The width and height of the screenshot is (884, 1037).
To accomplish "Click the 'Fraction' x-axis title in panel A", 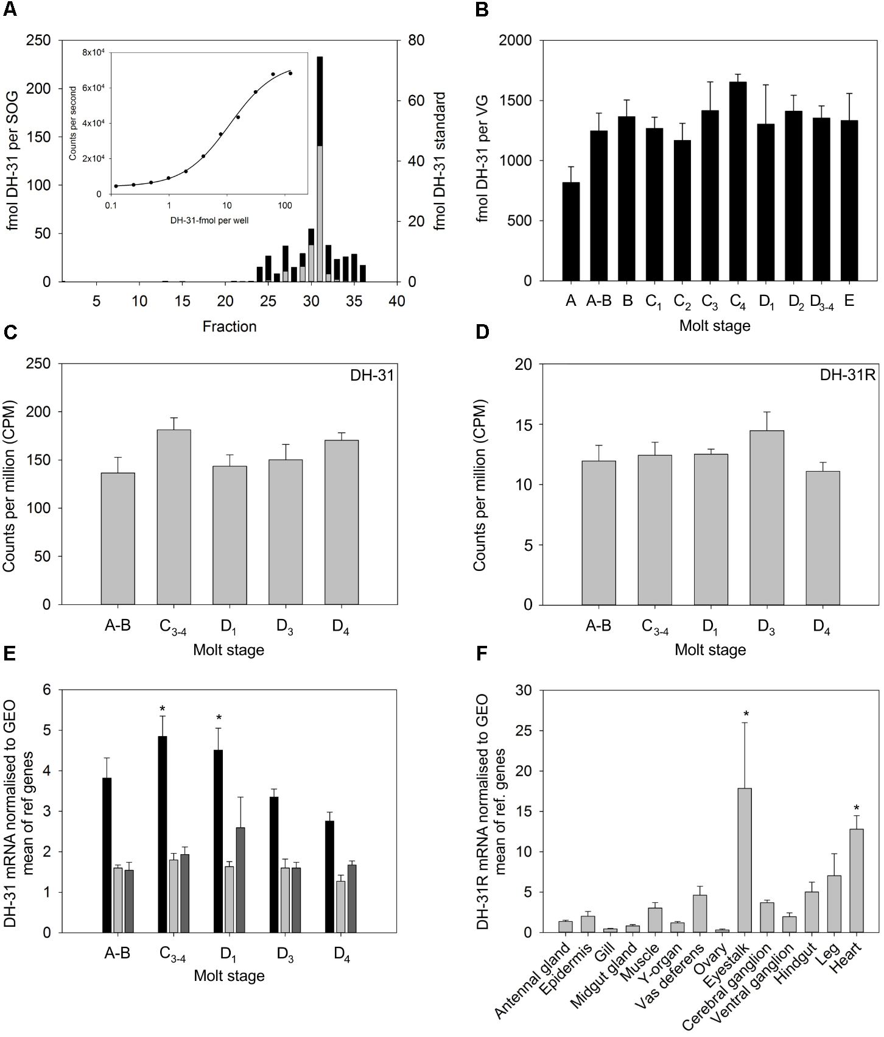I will pyautogui.click(x=230, y=327).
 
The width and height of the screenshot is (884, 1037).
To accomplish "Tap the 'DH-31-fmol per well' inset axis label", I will pyautogui.click(x=209, y=221).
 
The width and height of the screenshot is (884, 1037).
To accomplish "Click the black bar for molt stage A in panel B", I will pyautogui.click(x=570, y=232).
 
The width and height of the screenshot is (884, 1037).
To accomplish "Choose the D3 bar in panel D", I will pyautogui.click(x=766, y=517).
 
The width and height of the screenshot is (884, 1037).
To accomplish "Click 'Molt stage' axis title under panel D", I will pyautogui.click(x=710, y=650).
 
